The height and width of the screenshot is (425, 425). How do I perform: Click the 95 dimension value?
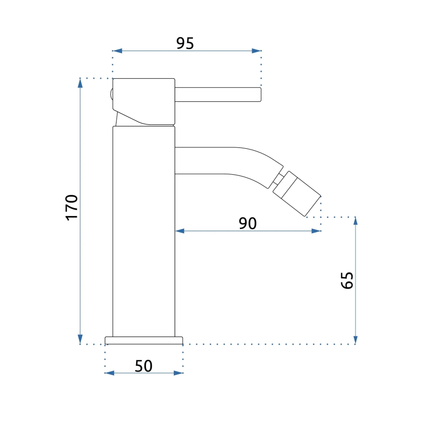coord(185,44)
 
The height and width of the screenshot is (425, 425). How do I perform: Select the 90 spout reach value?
coord(248,223)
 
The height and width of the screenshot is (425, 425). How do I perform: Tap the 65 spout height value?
coord(347,281)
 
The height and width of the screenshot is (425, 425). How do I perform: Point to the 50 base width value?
coord(143,366)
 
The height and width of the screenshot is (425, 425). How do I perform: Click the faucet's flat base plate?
coord(143,340)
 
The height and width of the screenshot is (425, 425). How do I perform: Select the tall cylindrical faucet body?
coord(143,230)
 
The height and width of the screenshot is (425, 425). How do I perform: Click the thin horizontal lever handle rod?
coord(218,94)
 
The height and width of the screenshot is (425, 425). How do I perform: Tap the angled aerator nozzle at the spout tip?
coord(297,193)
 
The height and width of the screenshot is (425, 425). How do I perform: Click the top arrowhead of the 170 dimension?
coord(80,82)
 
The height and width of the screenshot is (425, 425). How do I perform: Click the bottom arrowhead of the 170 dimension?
coord(80,340)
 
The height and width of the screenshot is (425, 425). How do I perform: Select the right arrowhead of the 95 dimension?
coord(257,50)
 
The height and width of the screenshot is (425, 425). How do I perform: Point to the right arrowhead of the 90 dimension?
coord(317,231)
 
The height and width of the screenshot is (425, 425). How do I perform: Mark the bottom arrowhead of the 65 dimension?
coord(355,340)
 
